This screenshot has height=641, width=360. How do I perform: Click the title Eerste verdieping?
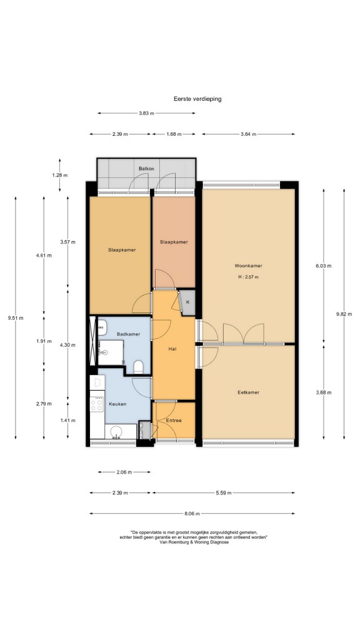(197, 99)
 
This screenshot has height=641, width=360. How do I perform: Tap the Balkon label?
(146, 168)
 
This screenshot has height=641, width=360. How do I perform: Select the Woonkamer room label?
(248, 265)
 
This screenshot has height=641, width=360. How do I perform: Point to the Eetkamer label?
(248, 392)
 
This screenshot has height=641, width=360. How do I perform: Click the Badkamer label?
(128, 334)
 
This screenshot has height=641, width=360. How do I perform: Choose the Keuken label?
(117, 404)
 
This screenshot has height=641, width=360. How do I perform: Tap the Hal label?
(172, 349)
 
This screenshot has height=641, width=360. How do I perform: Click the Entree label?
(174, 420)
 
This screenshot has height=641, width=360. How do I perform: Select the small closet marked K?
(187, 302)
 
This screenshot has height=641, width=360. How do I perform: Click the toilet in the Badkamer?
(139, 367)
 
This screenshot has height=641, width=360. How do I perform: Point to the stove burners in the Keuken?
(97, 404)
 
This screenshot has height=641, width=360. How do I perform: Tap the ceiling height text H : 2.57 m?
(249, 277)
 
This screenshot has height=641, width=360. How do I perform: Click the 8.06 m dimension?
(192, 514)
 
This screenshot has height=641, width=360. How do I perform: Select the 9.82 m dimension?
(344, 314)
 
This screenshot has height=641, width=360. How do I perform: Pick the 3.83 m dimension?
(146, 113)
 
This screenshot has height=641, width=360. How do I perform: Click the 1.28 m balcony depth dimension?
(59, 175)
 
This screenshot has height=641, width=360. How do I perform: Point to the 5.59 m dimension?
(223, 493)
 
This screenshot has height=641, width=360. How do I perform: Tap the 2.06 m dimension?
(124, 472)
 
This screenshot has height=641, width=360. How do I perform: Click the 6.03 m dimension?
(324, 265)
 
